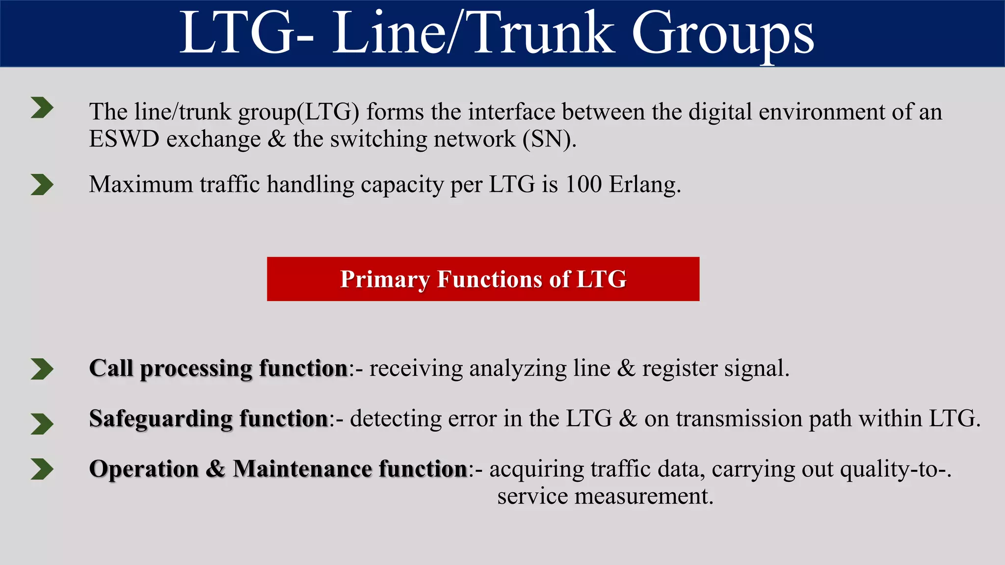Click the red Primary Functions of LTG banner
click(x=483, y=279)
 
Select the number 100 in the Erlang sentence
click(x=583, y=185)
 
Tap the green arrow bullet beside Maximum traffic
click(x=42, y=184)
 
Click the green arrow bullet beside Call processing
click(x=42, y=369)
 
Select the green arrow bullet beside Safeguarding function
click(x=42, y=424)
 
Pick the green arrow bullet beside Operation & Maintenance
click(x=42, y=469)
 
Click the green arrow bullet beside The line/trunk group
click(x=42, y=107)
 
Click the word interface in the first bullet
click(x=511, y=112)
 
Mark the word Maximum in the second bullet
click(x=141, y=185)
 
